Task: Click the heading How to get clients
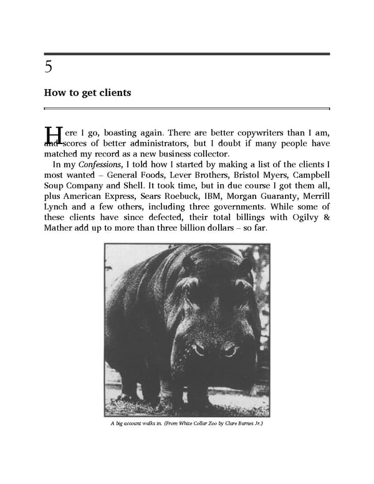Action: pyautogui.click(x=87, y=93)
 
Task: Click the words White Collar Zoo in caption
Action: pyautogui.click(x=199, y=424)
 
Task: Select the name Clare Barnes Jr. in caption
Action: pyautogui.click(x=244, y=424)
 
